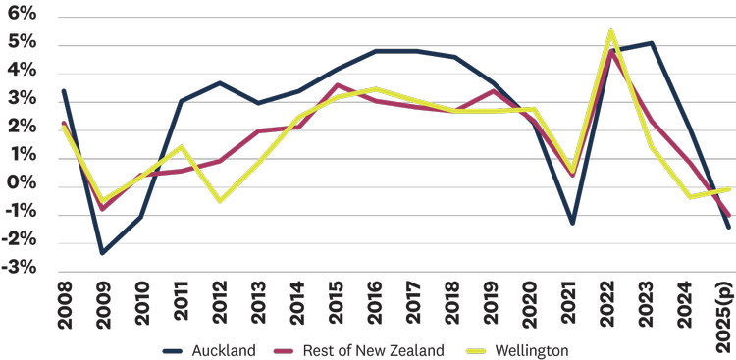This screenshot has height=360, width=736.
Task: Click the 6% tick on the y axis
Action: (22, 15)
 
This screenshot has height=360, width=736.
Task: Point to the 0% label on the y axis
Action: (22, 185)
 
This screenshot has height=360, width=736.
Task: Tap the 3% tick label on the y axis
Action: (22, 100)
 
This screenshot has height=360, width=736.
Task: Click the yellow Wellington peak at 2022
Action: (611, 31)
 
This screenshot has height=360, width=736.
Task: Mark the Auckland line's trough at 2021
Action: (572, 224)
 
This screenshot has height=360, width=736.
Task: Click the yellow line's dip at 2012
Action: (219, 201)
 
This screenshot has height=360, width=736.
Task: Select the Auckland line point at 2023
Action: (652, 43)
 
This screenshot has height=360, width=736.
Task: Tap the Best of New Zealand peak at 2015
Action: (337, 85)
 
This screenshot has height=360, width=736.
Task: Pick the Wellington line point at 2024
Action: (691, 197)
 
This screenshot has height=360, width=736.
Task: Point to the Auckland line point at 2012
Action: (219, 83)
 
